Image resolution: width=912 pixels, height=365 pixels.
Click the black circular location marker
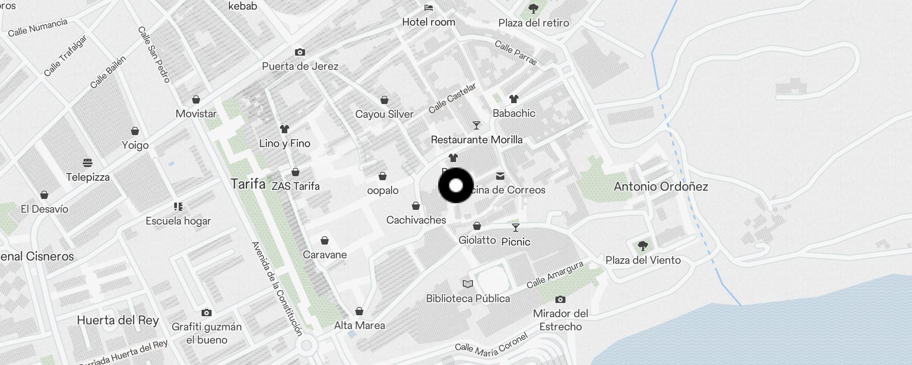click(456, 185)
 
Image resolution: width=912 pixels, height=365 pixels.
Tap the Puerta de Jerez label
click(300, 66)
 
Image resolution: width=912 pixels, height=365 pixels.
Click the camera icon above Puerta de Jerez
click(300, 52)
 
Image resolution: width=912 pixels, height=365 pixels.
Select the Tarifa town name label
click(248, 184)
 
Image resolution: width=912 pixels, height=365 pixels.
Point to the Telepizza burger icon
click(88, 163)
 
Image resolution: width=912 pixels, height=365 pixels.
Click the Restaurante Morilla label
click(477, 140)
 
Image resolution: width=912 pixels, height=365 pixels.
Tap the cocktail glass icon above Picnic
click(516, 227)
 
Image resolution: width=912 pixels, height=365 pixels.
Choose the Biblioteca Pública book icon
click(468, 284)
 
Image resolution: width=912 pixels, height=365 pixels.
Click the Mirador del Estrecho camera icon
click(560, 300)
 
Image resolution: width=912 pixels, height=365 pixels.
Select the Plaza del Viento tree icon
click(643, 246)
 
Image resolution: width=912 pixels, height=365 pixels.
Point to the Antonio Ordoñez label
click(661, 186)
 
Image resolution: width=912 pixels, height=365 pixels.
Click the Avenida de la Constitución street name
click(277, 289)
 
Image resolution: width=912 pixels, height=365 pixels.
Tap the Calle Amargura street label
click(555, 275)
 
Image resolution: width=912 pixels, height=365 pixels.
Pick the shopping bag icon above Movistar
click(196, 99)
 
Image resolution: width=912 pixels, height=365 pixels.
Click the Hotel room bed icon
click(429, 8)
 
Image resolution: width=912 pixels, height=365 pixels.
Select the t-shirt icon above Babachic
click(514, 99)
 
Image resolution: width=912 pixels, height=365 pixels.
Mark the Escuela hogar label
click(178, 221)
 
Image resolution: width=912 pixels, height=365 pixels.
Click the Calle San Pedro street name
click(154, 55)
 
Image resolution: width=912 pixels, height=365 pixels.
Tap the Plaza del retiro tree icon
click(533, 8)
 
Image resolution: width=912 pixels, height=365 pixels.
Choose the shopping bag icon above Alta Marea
click(359, 311)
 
